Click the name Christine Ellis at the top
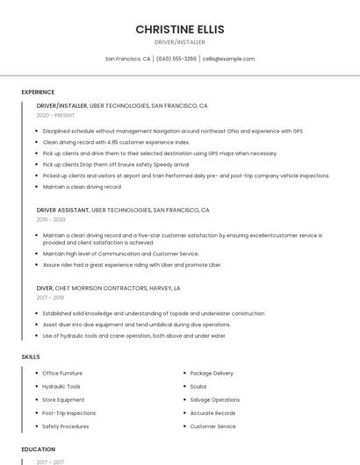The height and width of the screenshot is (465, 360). (180, 29)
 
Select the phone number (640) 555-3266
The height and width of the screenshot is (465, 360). (176, 59)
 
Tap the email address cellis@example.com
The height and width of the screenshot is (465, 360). (228, 59)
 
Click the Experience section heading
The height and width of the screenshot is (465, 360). (38, 92)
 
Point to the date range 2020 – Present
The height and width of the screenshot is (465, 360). (55, 115)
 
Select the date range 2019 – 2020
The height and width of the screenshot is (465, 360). (51, 220)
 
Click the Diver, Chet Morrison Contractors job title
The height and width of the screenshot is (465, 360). (108, 288)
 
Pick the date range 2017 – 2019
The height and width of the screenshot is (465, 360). (51, 297)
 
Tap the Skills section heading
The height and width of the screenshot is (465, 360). (31, 357)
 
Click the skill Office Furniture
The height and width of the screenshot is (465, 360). (62, 373)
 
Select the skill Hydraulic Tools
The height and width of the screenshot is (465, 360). (61, 386)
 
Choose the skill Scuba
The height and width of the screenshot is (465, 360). (198, 386)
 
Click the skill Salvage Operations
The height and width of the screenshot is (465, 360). (214, 399)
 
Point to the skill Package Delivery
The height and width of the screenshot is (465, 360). (212, 373)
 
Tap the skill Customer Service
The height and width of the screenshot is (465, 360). (212, 426)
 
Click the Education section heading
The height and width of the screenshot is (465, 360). (38, 449)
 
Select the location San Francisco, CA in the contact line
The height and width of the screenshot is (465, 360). (127, 59)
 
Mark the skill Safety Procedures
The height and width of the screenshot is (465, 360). (66, 426)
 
